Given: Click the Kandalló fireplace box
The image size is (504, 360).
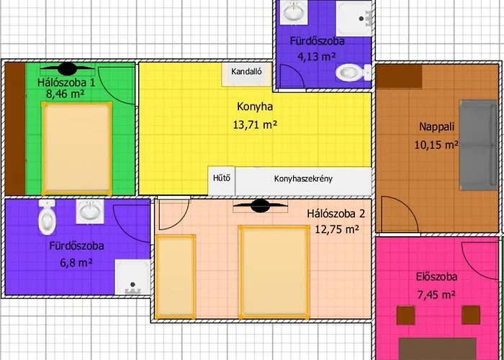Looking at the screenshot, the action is click(247, 74).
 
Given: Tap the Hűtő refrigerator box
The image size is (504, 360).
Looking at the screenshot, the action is click(222, 180).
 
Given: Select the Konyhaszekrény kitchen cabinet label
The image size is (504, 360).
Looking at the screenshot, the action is click(303, 179).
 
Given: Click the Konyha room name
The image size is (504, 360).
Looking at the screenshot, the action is click(255, 107).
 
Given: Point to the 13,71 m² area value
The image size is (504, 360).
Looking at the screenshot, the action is click(255, 125).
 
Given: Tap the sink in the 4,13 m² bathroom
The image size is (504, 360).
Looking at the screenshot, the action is click(294, 12).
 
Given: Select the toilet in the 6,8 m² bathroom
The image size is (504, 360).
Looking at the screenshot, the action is click(47, 217).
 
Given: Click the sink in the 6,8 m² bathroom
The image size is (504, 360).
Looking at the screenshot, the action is click(90, 212).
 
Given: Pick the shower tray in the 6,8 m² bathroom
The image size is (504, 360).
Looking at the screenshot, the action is click(132, 277).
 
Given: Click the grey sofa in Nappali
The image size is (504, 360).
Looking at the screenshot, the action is click(479, 145).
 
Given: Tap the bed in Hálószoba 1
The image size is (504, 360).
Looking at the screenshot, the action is click(77, 148).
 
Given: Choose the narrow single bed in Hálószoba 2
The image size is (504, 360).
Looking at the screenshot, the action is click(176, 276).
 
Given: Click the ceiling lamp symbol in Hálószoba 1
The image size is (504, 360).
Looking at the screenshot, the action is click(68, 69).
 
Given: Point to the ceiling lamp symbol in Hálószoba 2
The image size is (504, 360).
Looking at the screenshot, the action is click(261, 206).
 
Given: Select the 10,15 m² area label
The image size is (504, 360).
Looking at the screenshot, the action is click(436, 145).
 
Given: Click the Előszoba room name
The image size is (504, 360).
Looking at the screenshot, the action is click(436, 276).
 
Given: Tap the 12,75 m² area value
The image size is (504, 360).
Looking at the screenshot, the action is click(336, 229).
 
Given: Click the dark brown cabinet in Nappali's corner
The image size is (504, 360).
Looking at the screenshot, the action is click(399, 76).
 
